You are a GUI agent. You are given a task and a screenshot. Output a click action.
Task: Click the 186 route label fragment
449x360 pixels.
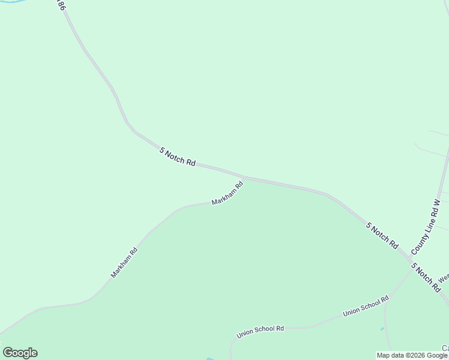click(x=60, y=5)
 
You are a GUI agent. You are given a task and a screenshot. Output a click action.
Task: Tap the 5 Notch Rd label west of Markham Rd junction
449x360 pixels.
click(x=178, y=157)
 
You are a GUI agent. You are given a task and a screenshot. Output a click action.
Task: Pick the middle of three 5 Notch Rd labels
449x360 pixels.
click(x=382, y=236)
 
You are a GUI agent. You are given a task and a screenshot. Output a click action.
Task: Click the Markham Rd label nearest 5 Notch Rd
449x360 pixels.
click(x=228, y=193)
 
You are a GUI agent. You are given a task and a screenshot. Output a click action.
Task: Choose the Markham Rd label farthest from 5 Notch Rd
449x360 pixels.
click(x=124, y=263)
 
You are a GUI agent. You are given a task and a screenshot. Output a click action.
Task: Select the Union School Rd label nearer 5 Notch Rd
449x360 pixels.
click(x=366, y=306)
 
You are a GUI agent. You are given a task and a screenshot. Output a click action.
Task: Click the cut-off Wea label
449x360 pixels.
click(x=443, y=278)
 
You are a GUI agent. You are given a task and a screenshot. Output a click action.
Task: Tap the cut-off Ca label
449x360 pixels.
click(x=445, y=349)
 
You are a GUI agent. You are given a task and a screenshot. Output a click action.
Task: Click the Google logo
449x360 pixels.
click(x=20, y=353)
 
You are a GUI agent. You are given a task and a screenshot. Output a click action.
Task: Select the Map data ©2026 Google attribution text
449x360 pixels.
click(x=412, y=355)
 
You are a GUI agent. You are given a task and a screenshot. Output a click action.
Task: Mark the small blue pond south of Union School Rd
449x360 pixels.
click(x=382, y=329)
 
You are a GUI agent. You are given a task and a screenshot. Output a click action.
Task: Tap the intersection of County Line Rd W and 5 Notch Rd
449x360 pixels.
click(x=409, y=253)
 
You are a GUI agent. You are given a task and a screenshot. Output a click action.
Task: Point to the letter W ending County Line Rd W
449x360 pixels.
click(x=438, y=204)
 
